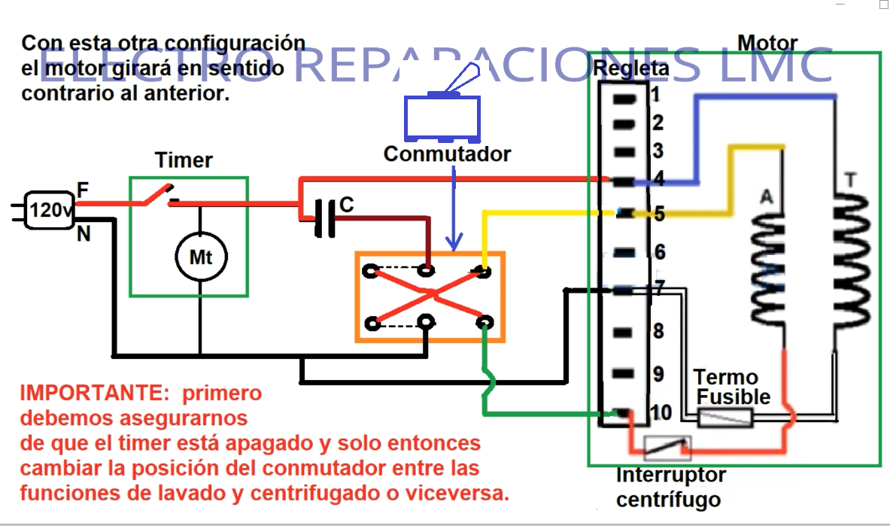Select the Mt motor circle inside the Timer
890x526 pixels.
coord(200,257)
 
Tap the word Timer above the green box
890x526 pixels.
coord(184,160)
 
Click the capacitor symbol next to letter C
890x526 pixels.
coord(326,218)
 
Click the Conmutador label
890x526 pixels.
coord(447,154)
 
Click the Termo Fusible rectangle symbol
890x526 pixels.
coord(725,418)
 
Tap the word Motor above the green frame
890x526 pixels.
coord(767,42)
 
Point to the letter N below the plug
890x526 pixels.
coord(84,234)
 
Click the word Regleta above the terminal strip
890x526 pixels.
coord(630,68)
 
